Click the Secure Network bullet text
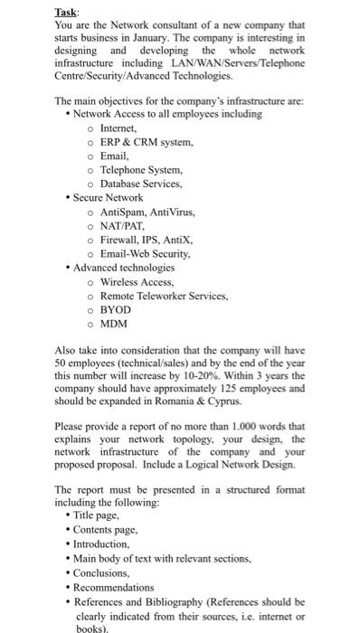coord(108,196)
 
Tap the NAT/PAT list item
coord(123,224)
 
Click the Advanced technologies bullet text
coord(124,267)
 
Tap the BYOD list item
coord(117,308)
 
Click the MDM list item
coord(114,323)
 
